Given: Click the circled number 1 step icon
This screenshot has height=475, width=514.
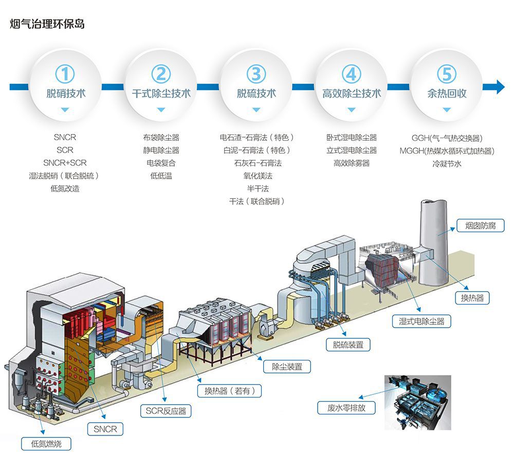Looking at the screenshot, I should point(65,74).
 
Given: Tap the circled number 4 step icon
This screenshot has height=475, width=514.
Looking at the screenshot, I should point(351,74).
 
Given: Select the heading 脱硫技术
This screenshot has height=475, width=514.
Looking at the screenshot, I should point(256,93).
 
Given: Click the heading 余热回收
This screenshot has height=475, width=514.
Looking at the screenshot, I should point(447,93).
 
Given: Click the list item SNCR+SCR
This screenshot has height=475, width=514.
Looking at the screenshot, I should point(65,163).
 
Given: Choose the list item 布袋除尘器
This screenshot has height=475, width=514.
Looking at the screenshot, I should point(161,138).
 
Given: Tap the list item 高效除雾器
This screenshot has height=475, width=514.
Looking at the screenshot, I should point(352,163).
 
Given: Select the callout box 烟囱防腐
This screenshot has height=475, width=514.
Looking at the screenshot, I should point(481,225).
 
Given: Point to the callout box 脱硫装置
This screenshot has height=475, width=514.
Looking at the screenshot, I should point(348,345).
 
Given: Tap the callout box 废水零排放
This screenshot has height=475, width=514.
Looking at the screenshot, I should point(345,408).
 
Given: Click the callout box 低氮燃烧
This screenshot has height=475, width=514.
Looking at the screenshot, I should point(46,444).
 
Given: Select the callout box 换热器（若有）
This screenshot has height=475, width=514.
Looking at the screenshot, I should point(229,391).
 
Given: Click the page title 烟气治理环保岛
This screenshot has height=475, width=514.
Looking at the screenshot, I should point(47,24).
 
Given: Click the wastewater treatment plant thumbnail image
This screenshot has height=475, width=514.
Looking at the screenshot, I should point(417,402).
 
